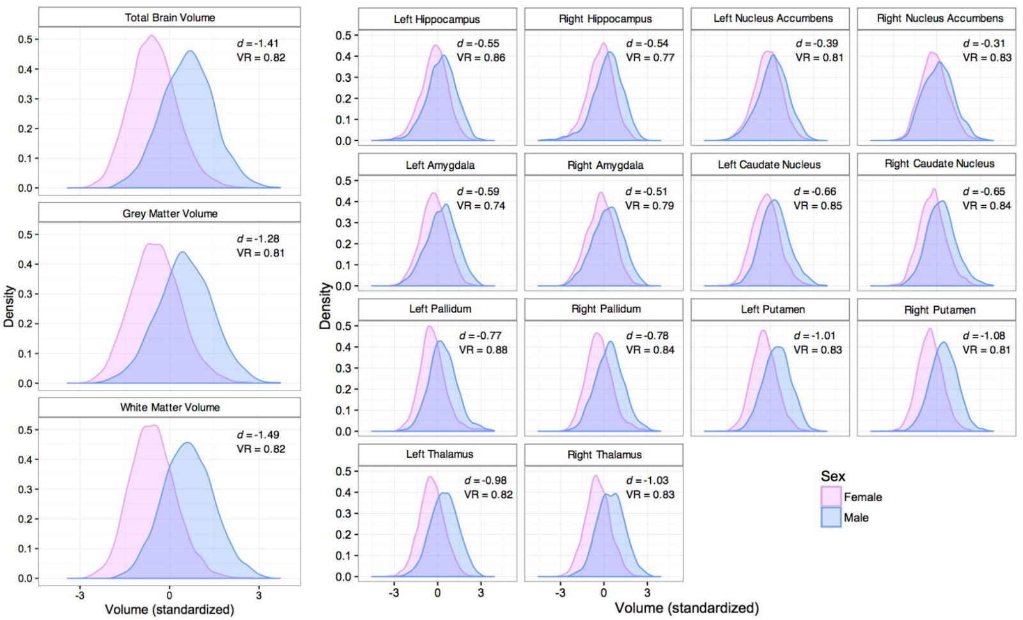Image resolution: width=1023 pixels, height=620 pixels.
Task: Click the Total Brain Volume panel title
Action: [x=169, y=18]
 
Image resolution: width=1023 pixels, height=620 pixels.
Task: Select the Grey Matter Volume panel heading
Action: [x=169, y=213]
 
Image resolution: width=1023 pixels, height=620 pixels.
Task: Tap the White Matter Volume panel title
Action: [x=169, y=407]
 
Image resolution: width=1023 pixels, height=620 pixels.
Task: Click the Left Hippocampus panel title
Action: [x=437, y=19]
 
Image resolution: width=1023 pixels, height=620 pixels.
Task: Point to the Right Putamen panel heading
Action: [x=939, y=310]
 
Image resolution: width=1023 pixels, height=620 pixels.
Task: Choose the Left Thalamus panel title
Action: [x=439, y=454]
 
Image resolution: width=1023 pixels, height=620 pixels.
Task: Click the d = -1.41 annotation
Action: [x=258, y=43]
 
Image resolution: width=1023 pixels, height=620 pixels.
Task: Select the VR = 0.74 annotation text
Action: [x=481, y=206]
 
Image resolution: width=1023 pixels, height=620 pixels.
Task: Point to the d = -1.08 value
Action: [x=984, y=336]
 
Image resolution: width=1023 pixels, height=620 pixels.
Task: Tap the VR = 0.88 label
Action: [x=483, y=350]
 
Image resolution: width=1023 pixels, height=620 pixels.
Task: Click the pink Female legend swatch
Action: [x=831, y=497]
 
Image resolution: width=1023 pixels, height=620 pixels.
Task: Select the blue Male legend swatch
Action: [x=831, y=517]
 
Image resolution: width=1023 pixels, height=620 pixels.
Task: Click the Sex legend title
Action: [x=832, y=476]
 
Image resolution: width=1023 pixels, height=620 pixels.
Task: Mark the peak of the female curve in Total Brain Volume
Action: [x=152, y=36]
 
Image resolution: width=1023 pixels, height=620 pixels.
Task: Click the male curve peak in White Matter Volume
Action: [x=187, y=442]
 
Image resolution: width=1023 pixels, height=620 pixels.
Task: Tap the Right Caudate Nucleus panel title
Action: [x=939, y=164]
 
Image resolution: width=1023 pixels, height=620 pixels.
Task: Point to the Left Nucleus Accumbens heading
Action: [x=773, y=19]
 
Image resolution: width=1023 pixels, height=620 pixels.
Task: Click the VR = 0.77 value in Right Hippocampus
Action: [x=650, y=58]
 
